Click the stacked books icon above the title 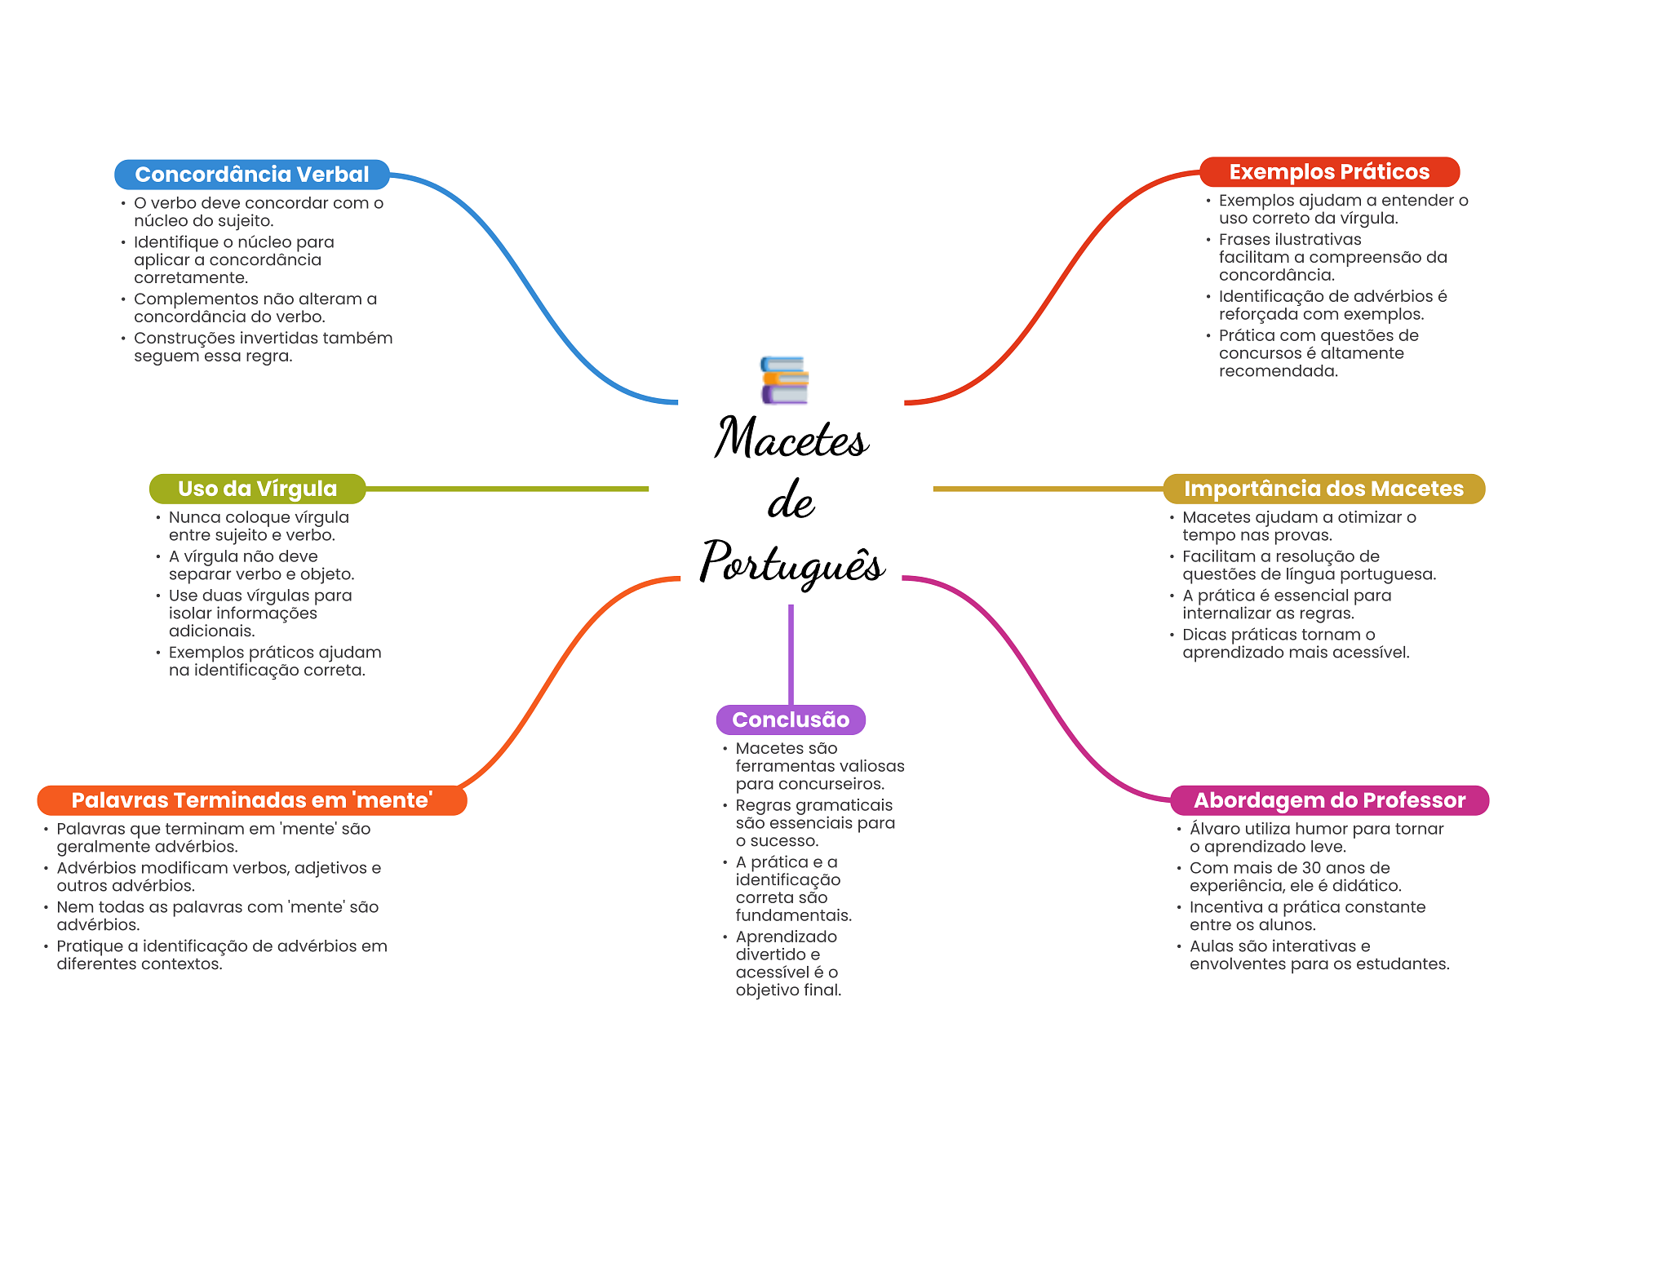point(784,380)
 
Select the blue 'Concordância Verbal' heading point(251,175)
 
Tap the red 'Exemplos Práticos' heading point(1328,172)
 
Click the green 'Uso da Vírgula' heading point(257,489)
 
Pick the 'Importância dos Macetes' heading point(1323,489)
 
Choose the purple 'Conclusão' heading point(790,720)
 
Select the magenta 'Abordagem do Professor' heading point(1329,800)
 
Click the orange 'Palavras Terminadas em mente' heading point(251,800)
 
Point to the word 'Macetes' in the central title point(791,438)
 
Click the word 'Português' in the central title point(791,563)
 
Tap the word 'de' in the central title point(791,501)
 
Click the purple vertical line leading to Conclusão point(791,653)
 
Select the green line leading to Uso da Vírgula point(506,489)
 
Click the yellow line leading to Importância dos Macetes point(1048,489)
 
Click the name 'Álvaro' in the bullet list point(1216,829)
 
